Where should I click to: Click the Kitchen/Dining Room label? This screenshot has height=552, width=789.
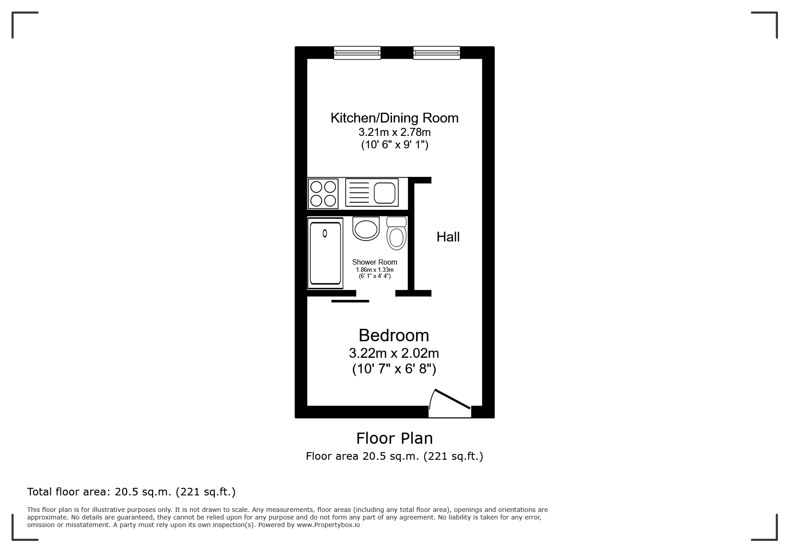point(394,118)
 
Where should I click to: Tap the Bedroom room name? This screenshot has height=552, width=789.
point(394,335)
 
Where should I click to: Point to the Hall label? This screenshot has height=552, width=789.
point(448,237)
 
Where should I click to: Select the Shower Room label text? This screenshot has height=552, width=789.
point(375,262)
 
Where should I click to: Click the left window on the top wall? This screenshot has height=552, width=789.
point(357,53)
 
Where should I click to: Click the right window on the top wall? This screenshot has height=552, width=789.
point(437,53)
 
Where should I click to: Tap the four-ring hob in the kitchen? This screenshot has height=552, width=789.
point(323,193)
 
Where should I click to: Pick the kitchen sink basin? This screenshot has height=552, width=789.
point(385,192)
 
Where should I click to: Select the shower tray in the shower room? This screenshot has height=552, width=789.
point(325,253)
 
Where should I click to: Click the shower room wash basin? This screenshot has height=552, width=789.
point(366,229)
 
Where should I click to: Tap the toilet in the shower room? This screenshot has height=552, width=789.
point(397,233)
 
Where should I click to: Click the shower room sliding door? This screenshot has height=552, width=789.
point(350,301)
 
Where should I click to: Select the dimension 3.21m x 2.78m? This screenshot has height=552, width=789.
point(395,132)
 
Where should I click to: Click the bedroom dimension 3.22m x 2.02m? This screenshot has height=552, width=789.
point(394,353)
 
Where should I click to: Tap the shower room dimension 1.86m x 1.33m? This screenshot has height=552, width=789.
point(375,270)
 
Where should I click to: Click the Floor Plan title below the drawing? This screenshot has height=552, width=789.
point(394,438)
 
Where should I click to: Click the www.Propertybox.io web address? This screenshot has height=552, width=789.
point(328,525)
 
